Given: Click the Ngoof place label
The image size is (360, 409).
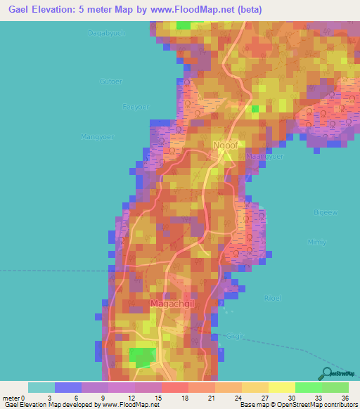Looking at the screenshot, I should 224,145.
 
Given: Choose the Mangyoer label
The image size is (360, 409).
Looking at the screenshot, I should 98,137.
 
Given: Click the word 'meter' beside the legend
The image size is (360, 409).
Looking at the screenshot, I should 13,397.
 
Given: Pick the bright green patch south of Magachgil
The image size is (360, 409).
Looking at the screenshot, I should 143,356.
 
